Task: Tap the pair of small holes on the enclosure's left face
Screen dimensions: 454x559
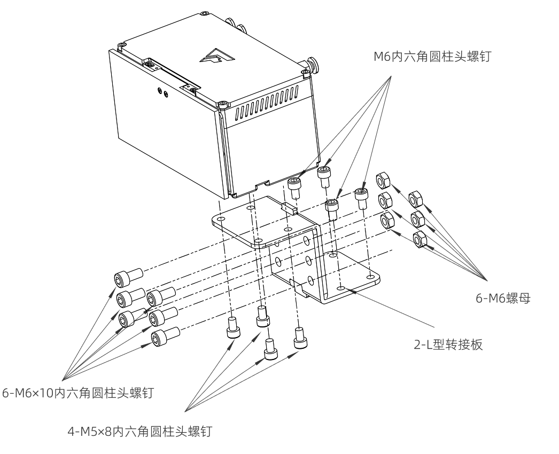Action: (161, 93)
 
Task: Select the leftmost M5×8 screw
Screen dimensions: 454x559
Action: (231, 326)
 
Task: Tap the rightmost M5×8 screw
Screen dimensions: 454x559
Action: (300, 336)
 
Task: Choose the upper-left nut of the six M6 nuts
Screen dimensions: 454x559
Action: (383, 181)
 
